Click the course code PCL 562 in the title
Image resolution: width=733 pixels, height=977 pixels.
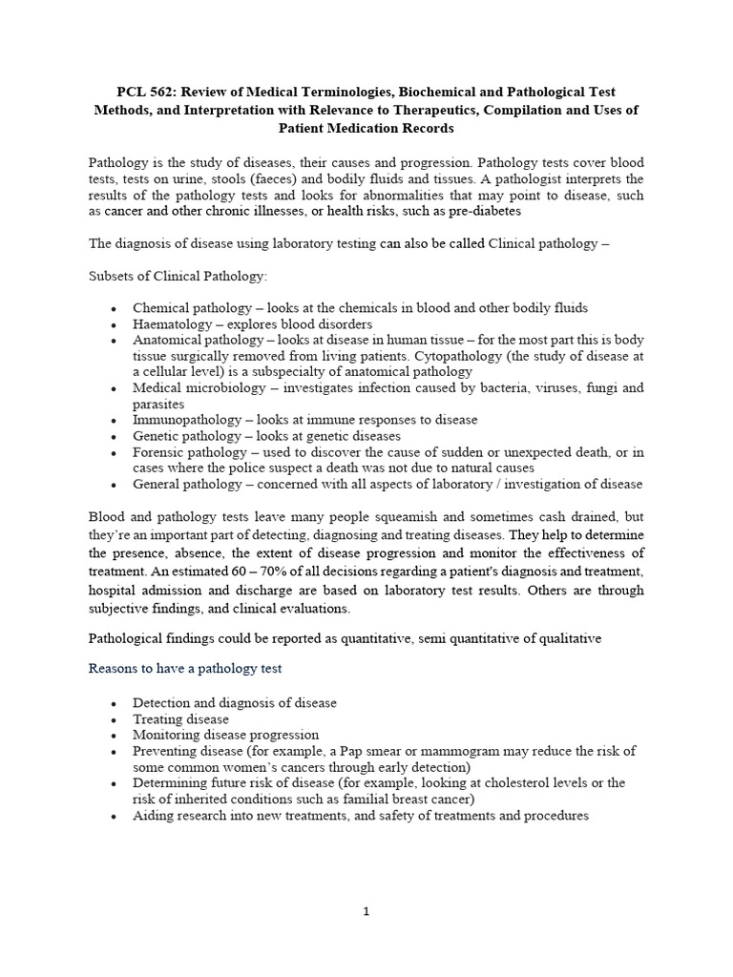pos(145,92)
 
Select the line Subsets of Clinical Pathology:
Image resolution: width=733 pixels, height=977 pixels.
pos(178,276)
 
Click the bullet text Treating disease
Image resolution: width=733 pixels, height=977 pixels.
pos(181,718)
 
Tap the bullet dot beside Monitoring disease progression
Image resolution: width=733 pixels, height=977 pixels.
pos(115,736)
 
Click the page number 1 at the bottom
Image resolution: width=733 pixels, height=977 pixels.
pos(366,911)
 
